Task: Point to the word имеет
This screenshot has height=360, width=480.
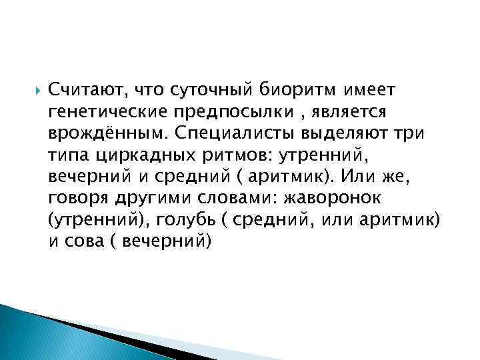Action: [x=369, y=89]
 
